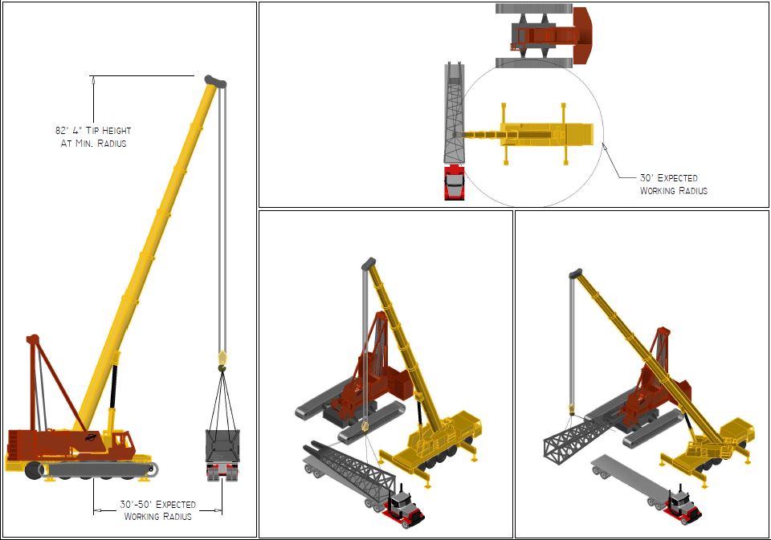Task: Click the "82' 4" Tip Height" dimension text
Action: [x=93, y=131]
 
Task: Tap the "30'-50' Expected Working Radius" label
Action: [x=158, y=510]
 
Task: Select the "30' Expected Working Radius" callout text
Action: [x=673, y=184]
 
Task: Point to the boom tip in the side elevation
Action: [x=215, y=81]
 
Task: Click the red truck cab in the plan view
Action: [x=454, y=182]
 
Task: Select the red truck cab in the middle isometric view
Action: [x=406, y=507]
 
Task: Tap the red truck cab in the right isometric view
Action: [x=683, y=506]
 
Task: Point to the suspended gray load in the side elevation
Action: [x=222, y=447]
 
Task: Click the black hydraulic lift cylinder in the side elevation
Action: [x=114, y=386]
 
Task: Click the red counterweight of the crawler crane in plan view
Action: [x=583, y=35]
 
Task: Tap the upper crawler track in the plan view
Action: [x=534, y=8]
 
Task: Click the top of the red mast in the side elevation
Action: [x=32, y=339]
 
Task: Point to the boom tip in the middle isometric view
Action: [x=369, y=263]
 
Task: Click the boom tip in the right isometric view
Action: [x=576, y=273]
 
